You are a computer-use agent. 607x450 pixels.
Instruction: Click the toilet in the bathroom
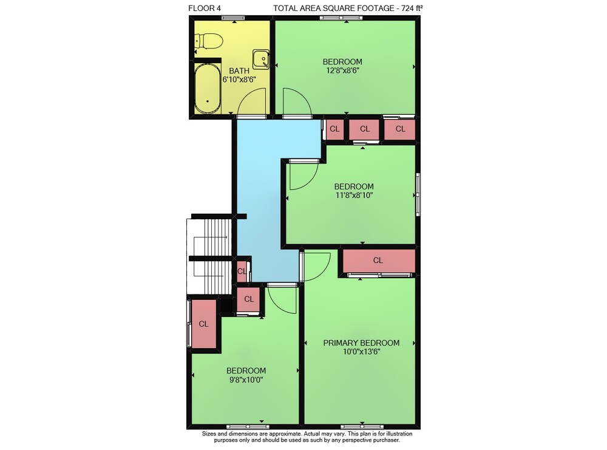208,41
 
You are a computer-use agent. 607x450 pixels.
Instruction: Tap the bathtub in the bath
208,89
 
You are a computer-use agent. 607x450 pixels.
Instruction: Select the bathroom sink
261,59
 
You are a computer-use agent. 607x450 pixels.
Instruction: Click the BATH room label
239,71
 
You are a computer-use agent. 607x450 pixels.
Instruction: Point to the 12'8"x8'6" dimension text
342,70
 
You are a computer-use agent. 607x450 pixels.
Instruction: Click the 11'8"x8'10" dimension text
354,195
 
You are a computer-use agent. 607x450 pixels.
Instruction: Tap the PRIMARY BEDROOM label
361,343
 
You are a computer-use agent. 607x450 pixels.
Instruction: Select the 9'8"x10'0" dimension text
246,380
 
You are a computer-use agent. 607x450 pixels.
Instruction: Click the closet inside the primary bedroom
379,261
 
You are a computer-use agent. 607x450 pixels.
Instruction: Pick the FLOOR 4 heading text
205,8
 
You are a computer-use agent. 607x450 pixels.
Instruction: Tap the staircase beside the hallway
209,256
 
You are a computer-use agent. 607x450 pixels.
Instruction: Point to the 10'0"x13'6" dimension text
362,352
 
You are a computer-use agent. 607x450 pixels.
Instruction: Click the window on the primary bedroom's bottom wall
362,427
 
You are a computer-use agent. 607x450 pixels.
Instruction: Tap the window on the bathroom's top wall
233,18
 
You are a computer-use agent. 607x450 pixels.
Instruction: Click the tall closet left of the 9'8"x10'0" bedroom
204,324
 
